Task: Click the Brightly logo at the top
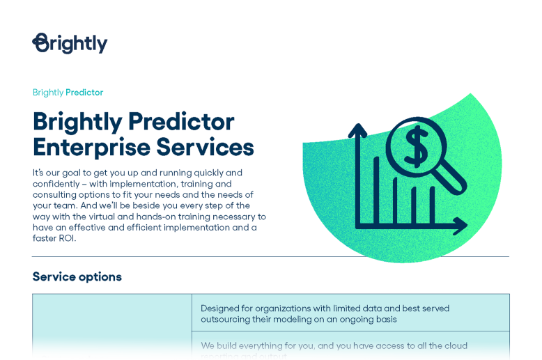pyautogui.click(x=70, y=43)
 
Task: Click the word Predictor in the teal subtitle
pyautogui.click(x=84, y=93)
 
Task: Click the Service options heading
pyautogui.click(x=77, y=276)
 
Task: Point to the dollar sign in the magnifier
pyautogui.click(x=416, y=147)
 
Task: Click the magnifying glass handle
pyautogui.click(x=452, y=178)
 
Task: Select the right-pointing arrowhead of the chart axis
pyautogui.click(x=460, y=226)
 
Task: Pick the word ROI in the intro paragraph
pyautogui.click(x=64, y=238)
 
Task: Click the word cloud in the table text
pyautogui.click(x=455, y=346)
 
